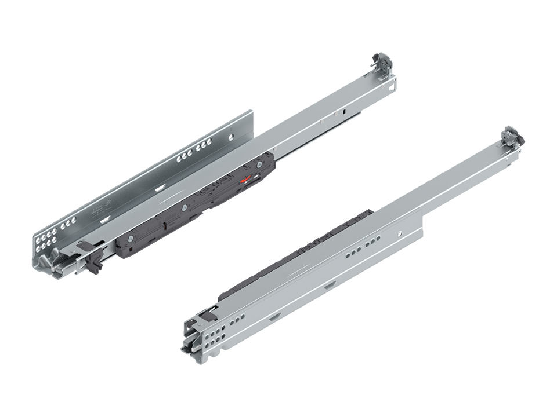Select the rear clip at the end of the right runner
(x=512, y=138)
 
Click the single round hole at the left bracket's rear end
(x=230, y=137)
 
